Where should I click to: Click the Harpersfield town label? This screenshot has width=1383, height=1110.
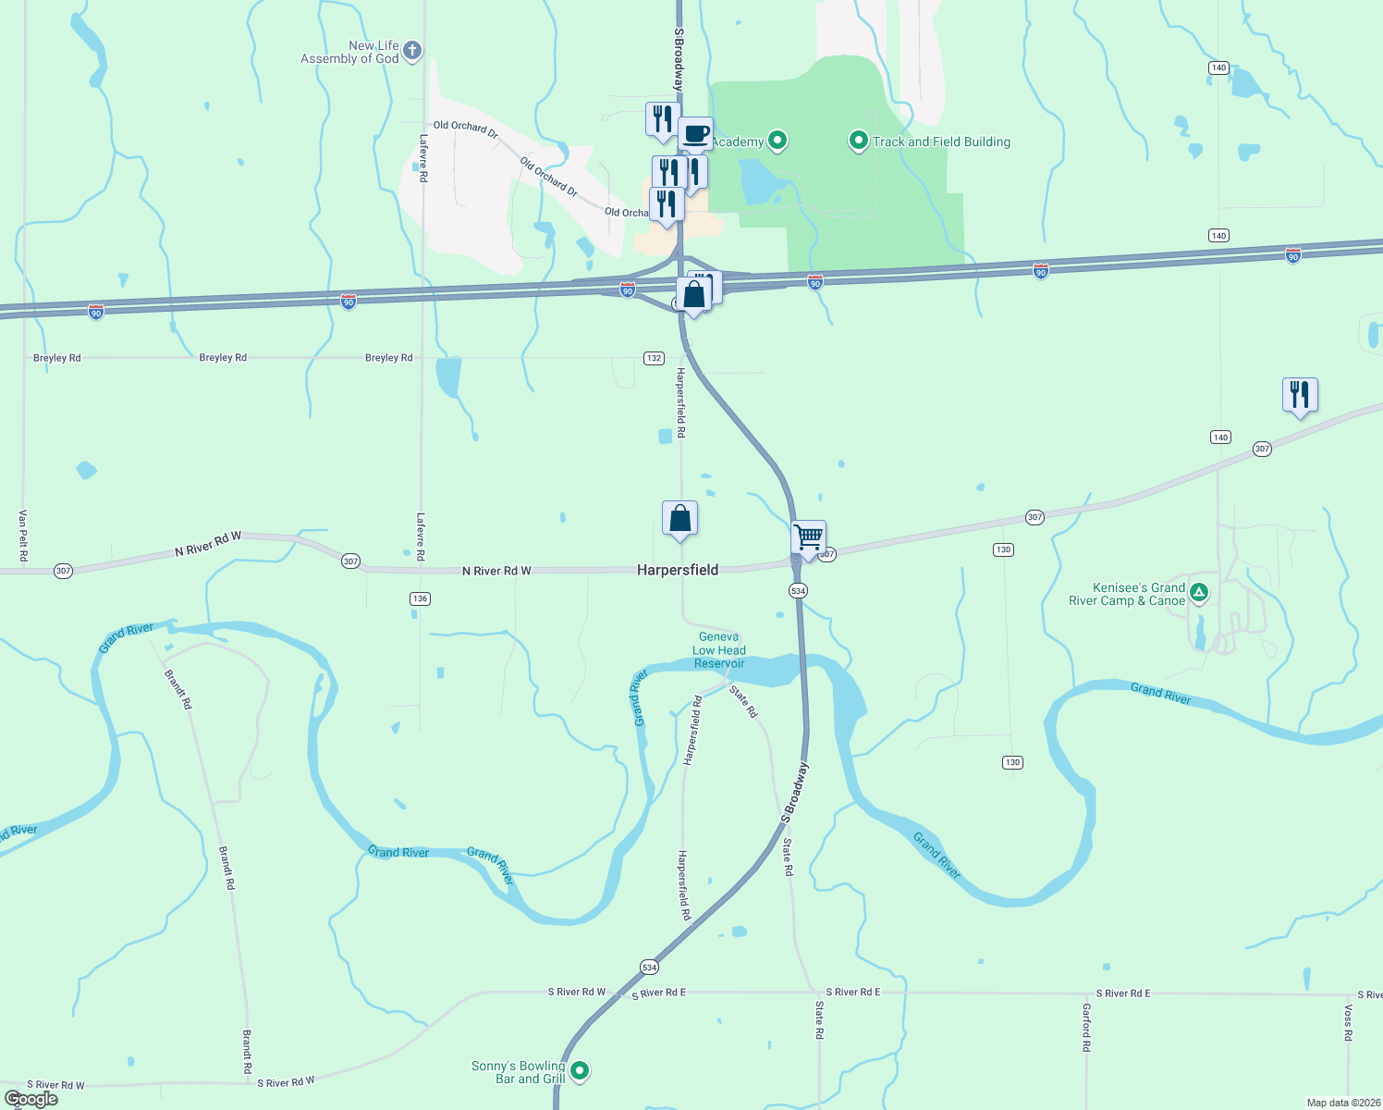tap(677, 570)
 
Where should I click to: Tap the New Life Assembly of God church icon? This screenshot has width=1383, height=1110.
tap(412, 51)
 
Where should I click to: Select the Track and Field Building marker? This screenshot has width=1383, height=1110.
tap(858, 142)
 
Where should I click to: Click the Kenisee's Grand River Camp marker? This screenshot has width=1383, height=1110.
tap(1198, 593)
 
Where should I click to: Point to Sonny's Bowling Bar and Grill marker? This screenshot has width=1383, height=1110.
tap(580, 1071)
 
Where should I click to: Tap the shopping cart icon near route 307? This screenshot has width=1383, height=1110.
tap(808, 537)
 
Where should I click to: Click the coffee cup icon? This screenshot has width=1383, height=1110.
tap(695, 134)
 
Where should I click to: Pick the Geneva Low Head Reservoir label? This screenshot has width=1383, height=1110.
tap(718, 650)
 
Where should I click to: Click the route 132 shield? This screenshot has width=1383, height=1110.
tap(654, 358)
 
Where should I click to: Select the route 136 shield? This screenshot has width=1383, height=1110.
tap(420, 598)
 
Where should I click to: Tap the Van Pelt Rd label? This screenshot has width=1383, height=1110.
tap(23, 536)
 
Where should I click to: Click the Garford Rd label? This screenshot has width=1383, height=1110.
tap(1086, 1028)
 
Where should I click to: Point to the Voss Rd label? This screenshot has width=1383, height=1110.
tap(1348, 1023)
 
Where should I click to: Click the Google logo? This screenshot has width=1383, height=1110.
tap(31, 1099)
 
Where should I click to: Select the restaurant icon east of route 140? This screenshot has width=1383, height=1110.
tap(1299, 395)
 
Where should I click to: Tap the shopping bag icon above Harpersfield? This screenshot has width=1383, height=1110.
tap(679, 518)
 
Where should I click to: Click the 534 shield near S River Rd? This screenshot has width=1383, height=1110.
tap(649, 968)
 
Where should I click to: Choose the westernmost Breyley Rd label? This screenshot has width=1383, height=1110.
tap(57, 358)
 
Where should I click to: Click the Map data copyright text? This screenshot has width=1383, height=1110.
tap(1343, 1103)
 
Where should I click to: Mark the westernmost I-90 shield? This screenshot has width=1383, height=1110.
tap(96, 313)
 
